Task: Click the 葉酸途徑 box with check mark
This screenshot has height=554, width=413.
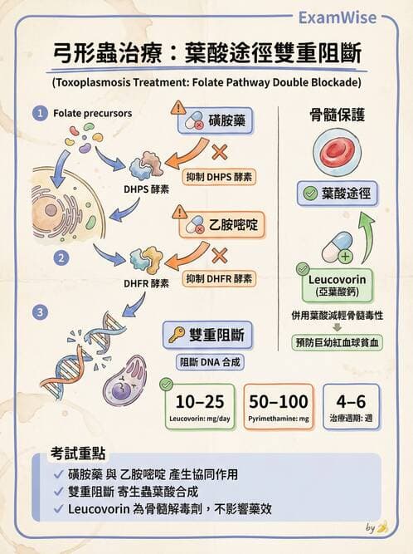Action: [338, 195]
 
